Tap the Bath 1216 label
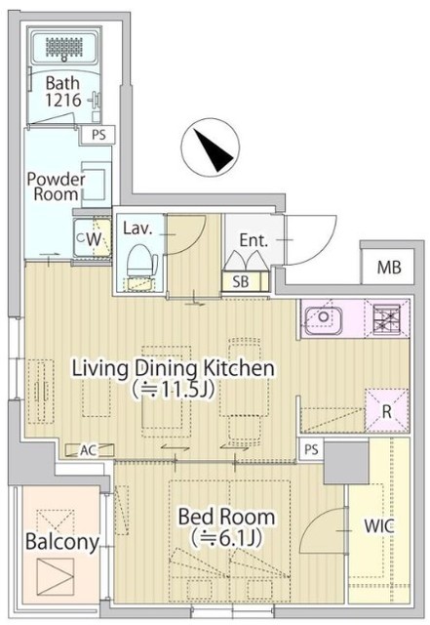60,92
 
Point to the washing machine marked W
89,237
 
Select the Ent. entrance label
255,238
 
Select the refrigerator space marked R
386,411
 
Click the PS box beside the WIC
311,449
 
